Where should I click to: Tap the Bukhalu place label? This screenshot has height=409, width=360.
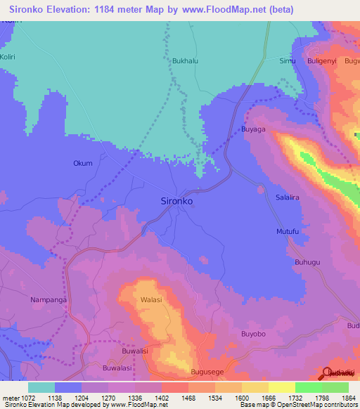tap(185, 61)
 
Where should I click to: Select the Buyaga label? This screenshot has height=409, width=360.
tap(253, 129)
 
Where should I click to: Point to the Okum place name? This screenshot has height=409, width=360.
tap(83, 164)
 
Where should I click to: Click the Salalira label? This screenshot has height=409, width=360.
tap(287, 198)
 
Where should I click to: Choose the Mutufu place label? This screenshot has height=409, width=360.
tap(288, 231)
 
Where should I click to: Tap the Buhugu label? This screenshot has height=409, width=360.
tap(308, 262)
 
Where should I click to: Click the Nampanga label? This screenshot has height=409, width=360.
tap(49, 300)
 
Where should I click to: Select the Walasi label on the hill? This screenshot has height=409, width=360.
tap(151, 300)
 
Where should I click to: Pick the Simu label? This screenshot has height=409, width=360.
tap(288, 61)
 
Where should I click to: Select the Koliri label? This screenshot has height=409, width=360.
tap(8, 55)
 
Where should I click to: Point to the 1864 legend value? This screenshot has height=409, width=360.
tap(337, 397)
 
